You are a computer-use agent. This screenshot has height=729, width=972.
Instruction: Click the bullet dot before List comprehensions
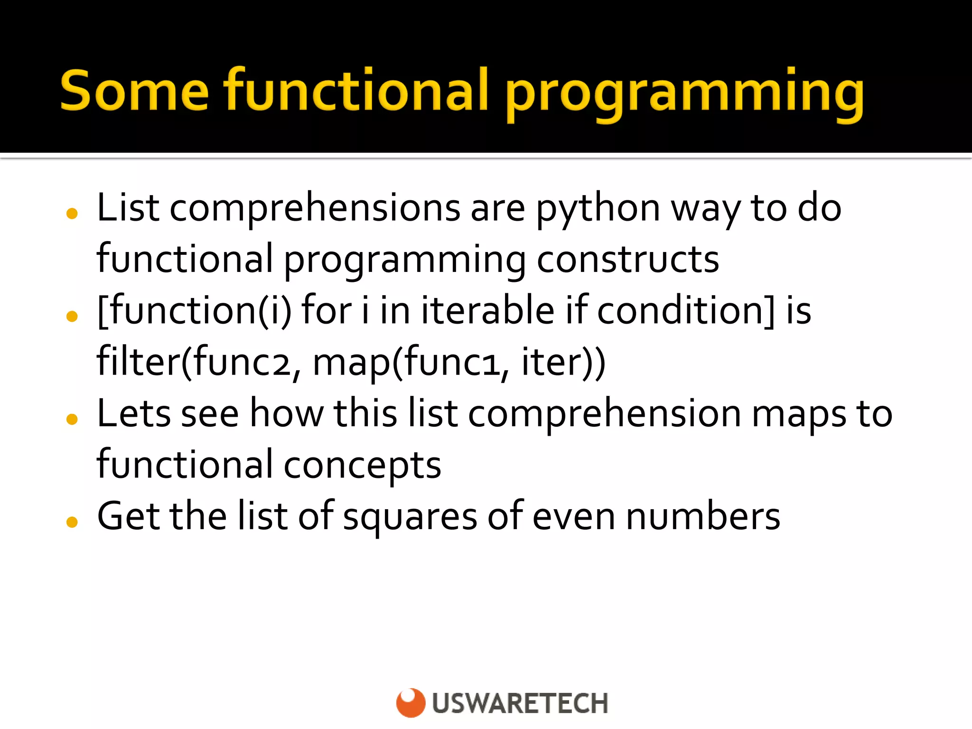coord(72,214)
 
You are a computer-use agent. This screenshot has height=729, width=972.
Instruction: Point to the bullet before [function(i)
coord(72,316)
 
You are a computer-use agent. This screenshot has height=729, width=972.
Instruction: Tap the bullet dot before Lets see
coord(72,419)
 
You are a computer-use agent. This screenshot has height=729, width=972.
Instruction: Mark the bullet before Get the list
coord(72,522)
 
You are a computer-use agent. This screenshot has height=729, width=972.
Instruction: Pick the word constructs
coord(627,260)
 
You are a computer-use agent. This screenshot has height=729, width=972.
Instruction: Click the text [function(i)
coord(194,311)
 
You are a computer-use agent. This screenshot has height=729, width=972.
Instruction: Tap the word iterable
coord(487,311)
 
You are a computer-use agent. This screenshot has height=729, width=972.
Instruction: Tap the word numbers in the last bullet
coord(703,516)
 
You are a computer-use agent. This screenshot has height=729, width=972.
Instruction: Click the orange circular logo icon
coord(411,702)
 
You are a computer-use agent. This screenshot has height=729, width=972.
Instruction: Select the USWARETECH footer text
coord(520,703)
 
